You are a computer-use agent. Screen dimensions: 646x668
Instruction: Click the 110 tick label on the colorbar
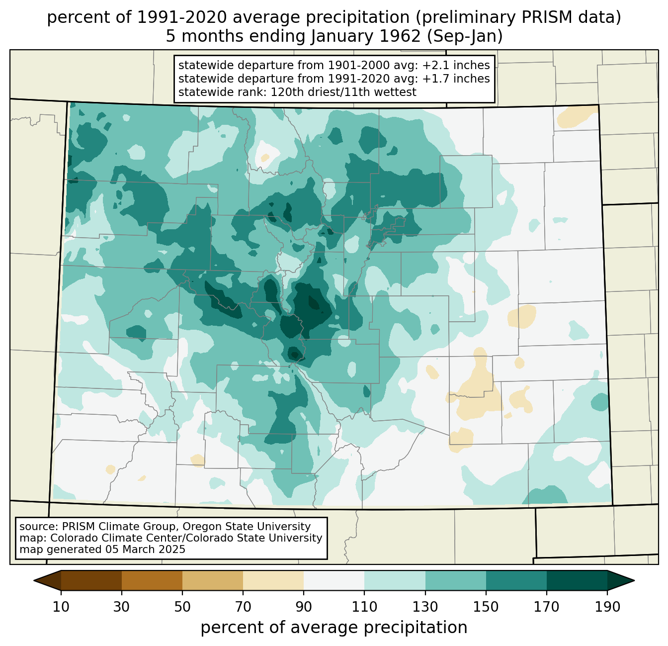(364, 607)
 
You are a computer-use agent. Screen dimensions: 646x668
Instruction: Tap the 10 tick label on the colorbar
(61, 607)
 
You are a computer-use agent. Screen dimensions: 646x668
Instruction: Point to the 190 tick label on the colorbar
(607, 607)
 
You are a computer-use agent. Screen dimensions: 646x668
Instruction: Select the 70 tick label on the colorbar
(243, 607)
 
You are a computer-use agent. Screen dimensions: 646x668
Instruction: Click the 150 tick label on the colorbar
(486, 607)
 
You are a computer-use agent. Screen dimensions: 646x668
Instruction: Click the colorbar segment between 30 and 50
(152, 580)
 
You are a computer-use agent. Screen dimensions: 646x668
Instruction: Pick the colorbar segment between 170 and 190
(577, 580)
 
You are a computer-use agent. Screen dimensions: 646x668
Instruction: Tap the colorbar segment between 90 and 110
(334, 580)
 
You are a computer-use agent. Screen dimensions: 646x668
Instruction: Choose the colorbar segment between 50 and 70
(213, 580)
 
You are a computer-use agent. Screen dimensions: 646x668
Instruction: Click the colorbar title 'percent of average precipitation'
(334, 628)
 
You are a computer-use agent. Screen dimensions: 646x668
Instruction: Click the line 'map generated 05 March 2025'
(102, 550)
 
